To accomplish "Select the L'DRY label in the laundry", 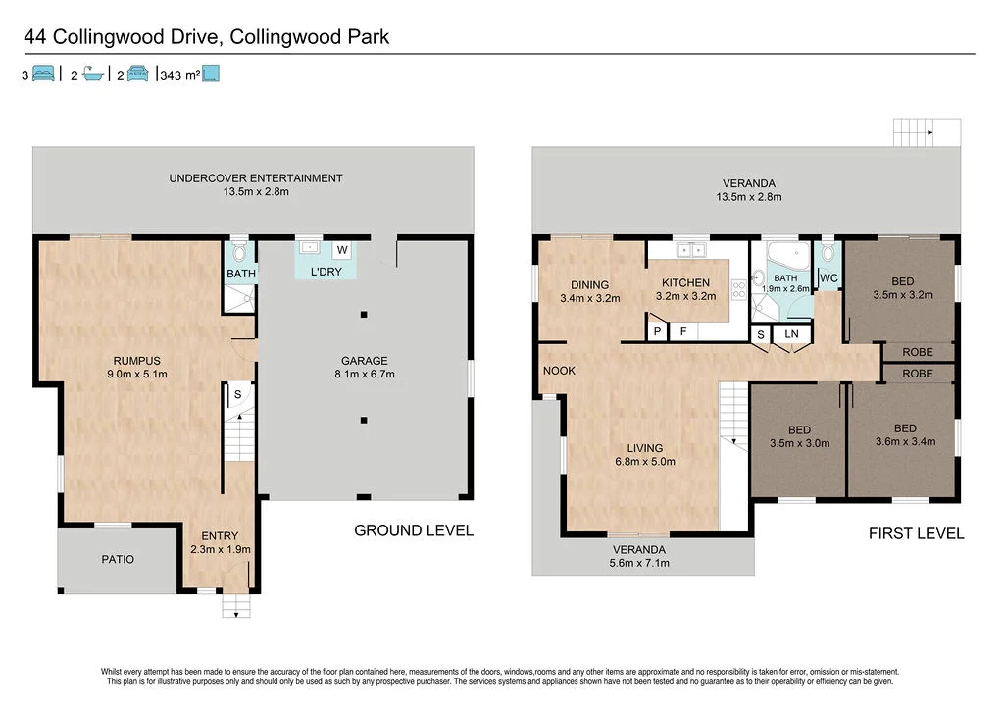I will [326, 272].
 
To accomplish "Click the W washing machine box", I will [343, 249].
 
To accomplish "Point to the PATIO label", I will [118, 559].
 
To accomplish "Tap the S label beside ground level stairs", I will [236, 394].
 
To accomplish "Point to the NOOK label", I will [560, 371].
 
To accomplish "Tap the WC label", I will [828, 278].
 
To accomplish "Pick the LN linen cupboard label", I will [790, 335].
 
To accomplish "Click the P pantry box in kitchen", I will [657, 332].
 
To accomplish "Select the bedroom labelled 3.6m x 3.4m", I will [904, 434].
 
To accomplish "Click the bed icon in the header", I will [43, 74].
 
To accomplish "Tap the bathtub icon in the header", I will [93, 74].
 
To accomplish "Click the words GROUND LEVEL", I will [413, 530].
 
